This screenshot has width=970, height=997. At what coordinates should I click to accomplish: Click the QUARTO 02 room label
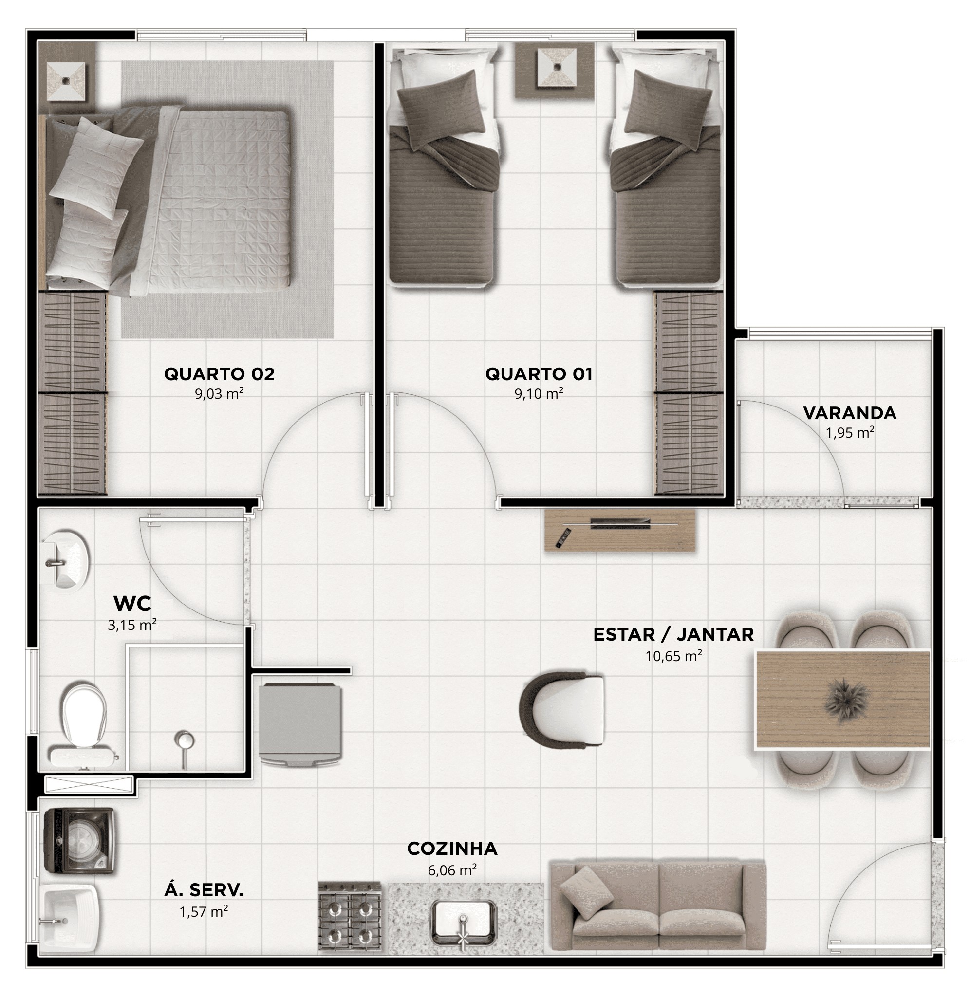click(x=219, y=374)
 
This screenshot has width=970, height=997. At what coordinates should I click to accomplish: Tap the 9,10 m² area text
click(x=539, y=394)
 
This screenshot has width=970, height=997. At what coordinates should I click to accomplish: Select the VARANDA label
click(x=850, y=413)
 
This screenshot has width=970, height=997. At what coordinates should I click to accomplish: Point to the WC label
click(x=132, y=604)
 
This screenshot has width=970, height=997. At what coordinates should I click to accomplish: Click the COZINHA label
click(x=452, y=849)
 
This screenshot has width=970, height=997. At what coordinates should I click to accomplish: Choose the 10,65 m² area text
click(x=673, y=656)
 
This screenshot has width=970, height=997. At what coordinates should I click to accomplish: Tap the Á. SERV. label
click(x=203, y=890)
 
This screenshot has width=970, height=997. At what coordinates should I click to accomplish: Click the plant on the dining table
click(x=846, y=698)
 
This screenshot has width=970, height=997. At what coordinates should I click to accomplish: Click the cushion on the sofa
click(x=586, y=889)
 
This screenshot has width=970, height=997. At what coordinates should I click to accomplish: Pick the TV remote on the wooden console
click(x=563, y=538)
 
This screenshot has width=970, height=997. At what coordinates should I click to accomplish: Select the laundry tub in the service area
click(x=70, y=913)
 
